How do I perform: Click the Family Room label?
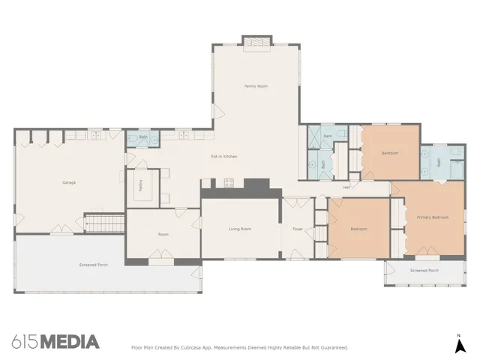point(256,86)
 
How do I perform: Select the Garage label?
point(69,182)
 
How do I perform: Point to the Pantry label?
point(140,185)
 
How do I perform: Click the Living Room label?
point(240,228)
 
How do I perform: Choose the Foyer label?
point(297,228)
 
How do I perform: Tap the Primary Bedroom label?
point(433,217)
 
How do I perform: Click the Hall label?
point(346,187)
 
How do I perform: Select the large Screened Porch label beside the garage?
point(94,265)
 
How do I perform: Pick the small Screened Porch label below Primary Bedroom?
point(424,270)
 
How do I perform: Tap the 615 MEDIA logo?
point(55,342)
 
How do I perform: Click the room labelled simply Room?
point(163,234)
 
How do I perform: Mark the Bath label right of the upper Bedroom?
point(439,160)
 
